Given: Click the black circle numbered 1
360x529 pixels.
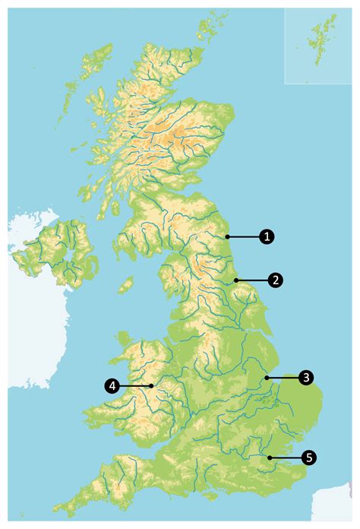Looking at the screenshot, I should click(x=266, y=236).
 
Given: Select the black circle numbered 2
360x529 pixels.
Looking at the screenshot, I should click(x=276, y=280).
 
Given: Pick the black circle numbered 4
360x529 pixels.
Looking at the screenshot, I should click(x=112, y=386).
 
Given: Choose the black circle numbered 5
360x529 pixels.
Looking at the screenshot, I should click(x=308, y=457).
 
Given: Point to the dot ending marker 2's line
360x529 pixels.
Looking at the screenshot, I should click(x=236, y=280).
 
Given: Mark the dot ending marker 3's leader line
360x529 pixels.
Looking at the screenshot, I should click(x=266, y=376).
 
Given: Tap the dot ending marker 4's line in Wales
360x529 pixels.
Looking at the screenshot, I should click(x=152, y=386).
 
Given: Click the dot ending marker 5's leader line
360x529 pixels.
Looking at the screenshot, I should click(x=269, y=457).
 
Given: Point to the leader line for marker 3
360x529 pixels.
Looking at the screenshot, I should click(x=285, y=376).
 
